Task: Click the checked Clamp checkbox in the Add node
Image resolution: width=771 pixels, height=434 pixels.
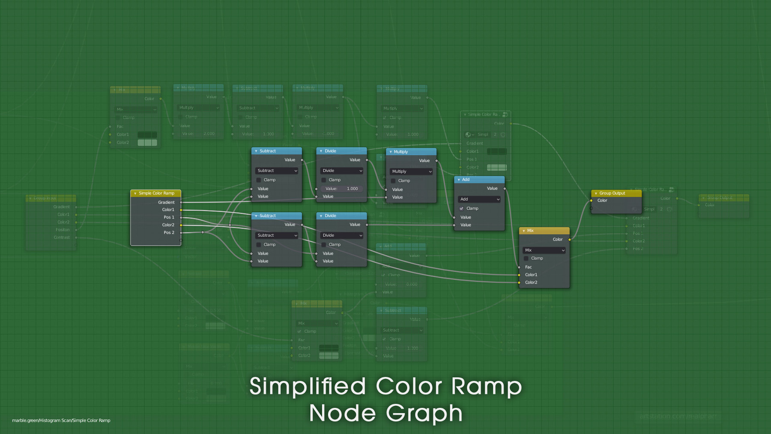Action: pos(461,209)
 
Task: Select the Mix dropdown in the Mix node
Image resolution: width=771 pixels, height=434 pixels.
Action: pos(544,250)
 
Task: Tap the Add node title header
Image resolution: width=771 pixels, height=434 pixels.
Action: pos(479,180)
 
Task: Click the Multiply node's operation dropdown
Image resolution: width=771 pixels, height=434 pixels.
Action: pos(411,171)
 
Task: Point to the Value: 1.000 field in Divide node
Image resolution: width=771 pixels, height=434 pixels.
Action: pos(342,189)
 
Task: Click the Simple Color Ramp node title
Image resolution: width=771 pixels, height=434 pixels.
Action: pos(156,193)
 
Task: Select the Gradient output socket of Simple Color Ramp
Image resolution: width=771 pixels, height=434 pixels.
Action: pos(181,202)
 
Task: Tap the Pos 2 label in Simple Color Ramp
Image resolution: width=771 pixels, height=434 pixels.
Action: pos(169,233)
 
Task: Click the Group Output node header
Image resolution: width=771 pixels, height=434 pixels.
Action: pos(616,193)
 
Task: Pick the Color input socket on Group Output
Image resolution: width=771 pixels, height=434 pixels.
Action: pos(592,201)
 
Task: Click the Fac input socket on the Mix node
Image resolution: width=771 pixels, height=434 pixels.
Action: pos(519,267)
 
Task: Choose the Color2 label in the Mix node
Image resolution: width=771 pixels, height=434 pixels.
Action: pos(531,282)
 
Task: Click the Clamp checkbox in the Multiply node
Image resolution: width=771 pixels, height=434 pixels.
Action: pos(393,181)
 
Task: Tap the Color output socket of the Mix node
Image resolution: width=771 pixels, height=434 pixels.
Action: pos(569,239)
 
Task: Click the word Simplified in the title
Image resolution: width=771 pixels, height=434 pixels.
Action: pos(308,386)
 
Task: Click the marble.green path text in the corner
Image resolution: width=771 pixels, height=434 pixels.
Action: pos(61,420)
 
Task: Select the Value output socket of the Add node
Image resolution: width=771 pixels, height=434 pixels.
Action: pos(505,189)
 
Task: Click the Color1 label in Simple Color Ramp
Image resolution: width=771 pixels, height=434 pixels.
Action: pos(168,210)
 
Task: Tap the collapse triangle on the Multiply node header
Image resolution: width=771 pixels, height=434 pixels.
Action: pos(391,152)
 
